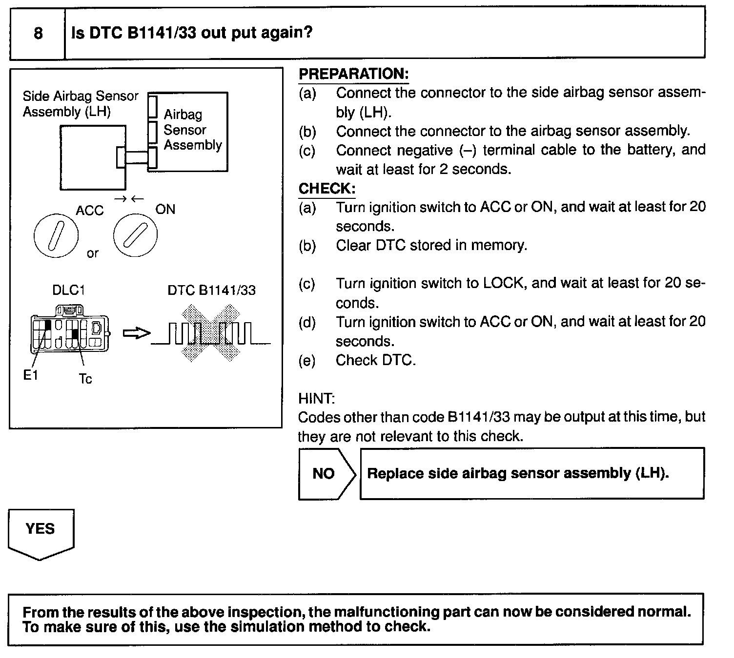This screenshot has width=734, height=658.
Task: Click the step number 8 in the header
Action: tap(38, 33)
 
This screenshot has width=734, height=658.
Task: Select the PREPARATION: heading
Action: tap(353, 74)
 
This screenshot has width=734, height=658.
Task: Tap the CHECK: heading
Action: tap(326, 189)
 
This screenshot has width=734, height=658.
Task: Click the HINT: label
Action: tap(316, 399)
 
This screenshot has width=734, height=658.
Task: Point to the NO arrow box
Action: tap(326, 474)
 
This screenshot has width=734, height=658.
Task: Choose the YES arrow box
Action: tap(41, 531)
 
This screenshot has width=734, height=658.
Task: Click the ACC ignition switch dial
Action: tap(56, 235)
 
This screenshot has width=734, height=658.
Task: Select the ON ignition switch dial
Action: tap(135, 235)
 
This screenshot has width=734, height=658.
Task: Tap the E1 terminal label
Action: tap(31, 375)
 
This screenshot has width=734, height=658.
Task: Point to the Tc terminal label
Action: tap(85, 379)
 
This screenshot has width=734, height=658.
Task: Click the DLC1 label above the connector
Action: tap(68, 290)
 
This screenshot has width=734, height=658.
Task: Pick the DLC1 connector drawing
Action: tap(70, 331)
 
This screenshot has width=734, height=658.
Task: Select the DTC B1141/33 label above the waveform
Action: tap(211, 290)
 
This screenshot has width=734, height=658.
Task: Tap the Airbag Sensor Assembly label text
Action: tap(192, 130)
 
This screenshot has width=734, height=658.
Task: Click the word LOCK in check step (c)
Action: tap(504, 284)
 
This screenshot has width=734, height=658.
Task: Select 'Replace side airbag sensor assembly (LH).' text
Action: tap(518, 473)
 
